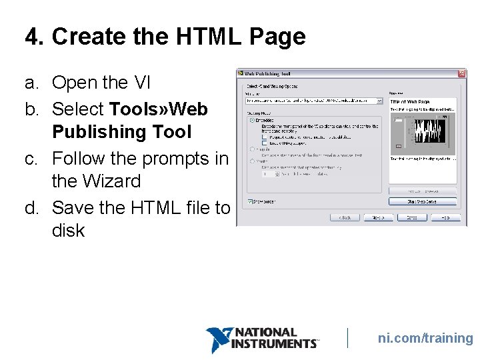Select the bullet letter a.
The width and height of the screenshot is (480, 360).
pos(31,83)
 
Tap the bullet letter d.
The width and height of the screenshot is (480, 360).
pos(31,208)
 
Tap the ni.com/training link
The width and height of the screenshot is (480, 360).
pos(425,338)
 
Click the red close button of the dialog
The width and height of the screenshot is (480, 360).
pos(461,73)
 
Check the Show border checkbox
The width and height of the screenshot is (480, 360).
pos(250,201)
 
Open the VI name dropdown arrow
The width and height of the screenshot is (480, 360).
pos(379,101)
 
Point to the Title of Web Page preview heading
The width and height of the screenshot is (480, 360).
pos(409,101)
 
